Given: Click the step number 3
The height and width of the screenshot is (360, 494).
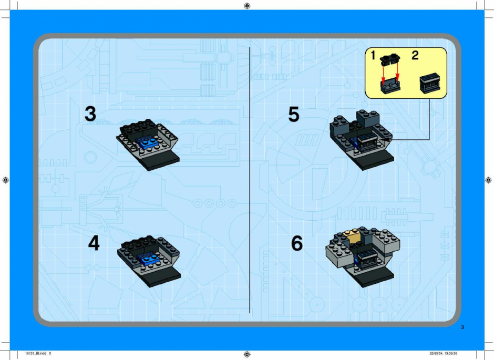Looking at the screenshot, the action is [x=90, y=114].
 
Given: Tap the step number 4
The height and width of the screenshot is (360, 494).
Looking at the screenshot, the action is [x=94, y=243].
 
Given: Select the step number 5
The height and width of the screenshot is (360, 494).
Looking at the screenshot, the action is [x=294, y=114].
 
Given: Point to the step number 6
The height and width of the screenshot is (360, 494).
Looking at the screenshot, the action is [x=297, y=243].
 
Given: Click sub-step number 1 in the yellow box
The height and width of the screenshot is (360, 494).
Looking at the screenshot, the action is [x=373, y=55].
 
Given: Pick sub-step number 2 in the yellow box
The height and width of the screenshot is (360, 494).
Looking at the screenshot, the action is [x=415, y=55].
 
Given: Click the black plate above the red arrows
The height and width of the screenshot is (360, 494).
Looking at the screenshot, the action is [x=390, y=59].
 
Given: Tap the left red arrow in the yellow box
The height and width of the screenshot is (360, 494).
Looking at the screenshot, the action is [x=383, y=74].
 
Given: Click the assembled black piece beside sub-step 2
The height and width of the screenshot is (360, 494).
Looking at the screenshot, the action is [x=430, y=83].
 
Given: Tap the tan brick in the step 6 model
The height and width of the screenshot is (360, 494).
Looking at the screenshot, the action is [x=353, y=236].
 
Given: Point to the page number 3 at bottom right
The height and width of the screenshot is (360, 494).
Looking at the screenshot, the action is [x=462, y=327].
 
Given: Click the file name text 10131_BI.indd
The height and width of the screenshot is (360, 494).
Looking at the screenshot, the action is [x=36, y=353].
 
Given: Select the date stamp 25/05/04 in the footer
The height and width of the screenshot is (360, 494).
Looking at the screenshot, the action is [x=436, y=353].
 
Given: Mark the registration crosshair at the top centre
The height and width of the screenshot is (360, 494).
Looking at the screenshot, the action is [x=248, y=6].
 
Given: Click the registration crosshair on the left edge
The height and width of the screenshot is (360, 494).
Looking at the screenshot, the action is [x=5, y=180].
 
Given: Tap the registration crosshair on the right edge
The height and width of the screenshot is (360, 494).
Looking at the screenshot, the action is [x=488, y=180].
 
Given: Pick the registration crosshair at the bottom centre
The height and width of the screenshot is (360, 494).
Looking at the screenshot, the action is [x=248, y=354].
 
